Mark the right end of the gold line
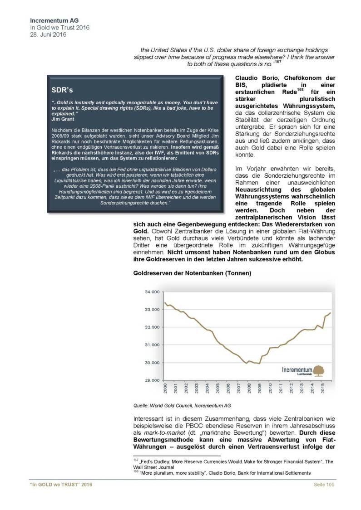coord(331,313)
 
